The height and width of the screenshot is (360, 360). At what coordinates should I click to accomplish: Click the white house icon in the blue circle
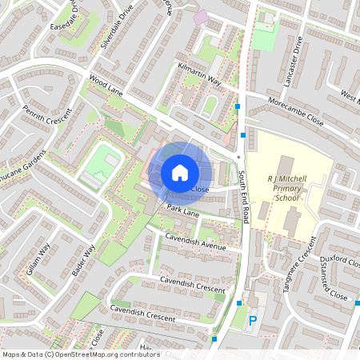coord(180,172)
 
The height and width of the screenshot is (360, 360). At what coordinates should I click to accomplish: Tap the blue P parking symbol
coord(253,322)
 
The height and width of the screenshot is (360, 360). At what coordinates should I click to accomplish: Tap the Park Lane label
coord(182,210)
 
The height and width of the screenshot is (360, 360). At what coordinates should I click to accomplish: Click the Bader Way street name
coord(83,260)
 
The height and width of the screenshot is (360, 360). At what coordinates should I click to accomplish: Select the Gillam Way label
coord(38,259)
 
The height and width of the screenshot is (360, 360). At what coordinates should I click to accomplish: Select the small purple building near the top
coord(200,16)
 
